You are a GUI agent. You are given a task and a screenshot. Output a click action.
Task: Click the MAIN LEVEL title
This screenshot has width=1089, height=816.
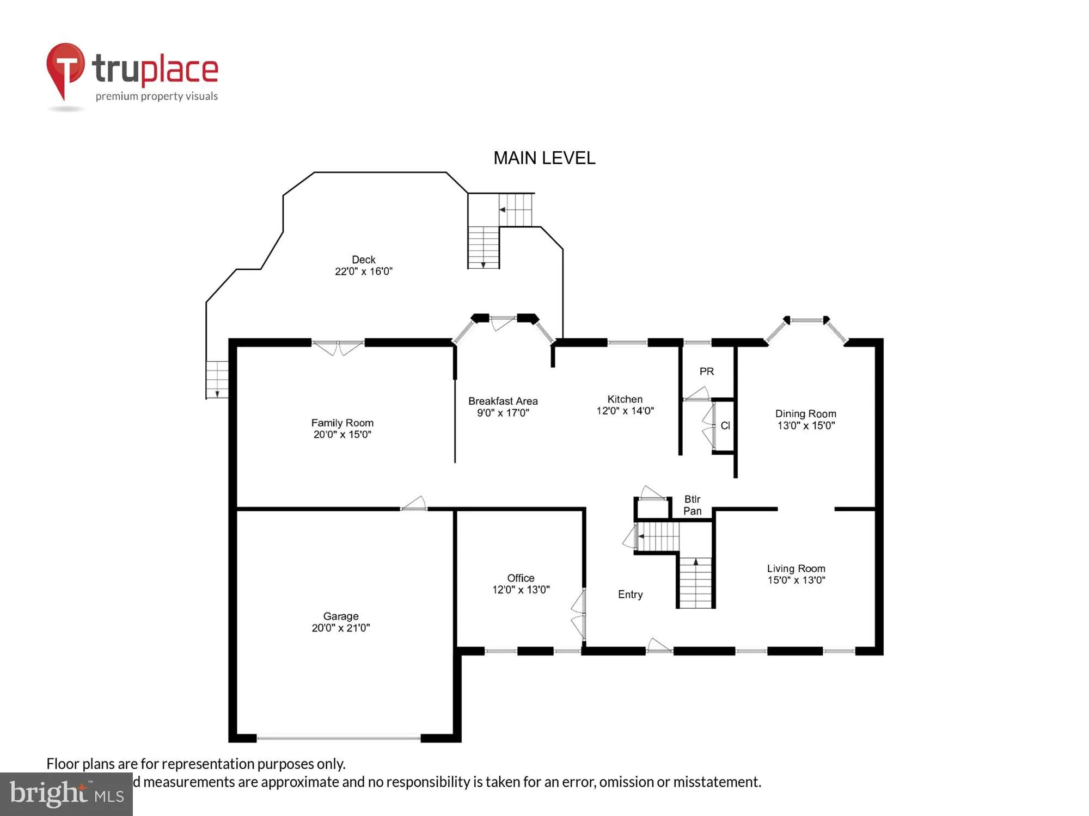[x=544, y=158]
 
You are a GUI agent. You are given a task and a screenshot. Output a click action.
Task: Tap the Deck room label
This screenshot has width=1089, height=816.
[x=363, y=260]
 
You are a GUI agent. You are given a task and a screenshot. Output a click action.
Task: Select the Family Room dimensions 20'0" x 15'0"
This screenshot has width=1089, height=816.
[x=342, y=435]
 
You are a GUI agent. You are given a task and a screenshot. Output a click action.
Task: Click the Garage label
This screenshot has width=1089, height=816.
[x=341, y=616]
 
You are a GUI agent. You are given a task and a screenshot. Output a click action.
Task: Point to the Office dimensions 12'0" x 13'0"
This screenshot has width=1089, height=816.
[x=521, y=590]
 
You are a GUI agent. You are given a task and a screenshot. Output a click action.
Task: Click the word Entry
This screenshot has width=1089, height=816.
[x=630, y=595]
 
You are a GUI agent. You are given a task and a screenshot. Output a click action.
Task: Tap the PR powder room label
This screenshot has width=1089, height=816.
[x=706, y=372]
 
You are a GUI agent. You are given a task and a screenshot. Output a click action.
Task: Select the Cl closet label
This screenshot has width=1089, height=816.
[x=725, y=426]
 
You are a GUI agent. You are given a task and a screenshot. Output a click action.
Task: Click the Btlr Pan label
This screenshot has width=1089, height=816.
[x=692, y=505]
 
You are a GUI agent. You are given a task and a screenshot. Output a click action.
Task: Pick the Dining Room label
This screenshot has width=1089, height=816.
[x=805, y=414]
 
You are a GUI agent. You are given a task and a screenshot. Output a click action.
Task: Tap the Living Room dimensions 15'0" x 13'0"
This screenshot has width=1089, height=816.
[x=796, y=580]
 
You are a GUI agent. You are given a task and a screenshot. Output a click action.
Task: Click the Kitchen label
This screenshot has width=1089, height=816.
[x=625, y=399]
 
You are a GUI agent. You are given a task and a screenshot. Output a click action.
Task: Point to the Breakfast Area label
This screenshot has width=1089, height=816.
[x=503, y=401]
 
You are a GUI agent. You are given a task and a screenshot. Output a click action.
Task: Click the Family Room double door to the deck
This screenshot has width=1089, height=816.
[x=338, y=346]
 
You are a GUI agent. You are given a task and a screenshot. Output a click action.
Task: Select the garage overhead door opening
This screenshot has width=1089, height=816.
[x=338, y=738]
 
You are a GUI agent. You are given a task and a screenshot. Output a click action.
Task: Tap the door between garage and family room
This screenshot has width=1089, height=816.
[x=414, y=505]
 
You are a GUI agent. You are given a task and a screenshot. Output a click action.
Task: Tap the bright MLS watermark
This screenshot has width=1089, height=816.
[x=66, y=794]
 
